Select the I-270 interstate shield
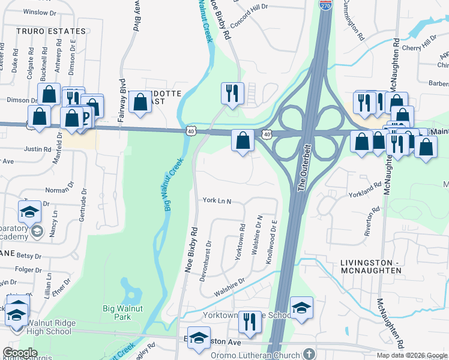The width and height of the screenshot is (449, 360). pyautogui.click(x=325, y=5)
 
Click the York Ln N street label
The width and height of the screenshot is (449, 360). pyautogui.click(x=217, y=200)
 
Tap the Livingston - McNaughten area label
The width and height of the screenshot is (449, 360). pyautogui.click(x=370, y=267)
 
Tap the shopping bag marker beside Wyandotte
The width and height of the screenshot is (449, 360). pyautogui.click(x=140, y=102)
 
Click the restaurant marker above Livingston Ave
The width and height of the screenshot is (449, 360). pyautogui.click(x=250, y=322)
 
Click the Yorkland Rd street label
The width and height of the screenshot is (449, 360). pyautogui.click(x=366, y=190)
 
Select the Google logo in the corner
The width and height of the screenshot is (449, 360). pyautogui.click(x=20, y=353)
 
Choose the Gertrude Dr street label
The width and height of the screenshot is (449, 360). pyautogui.click(x=83, y=205)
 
